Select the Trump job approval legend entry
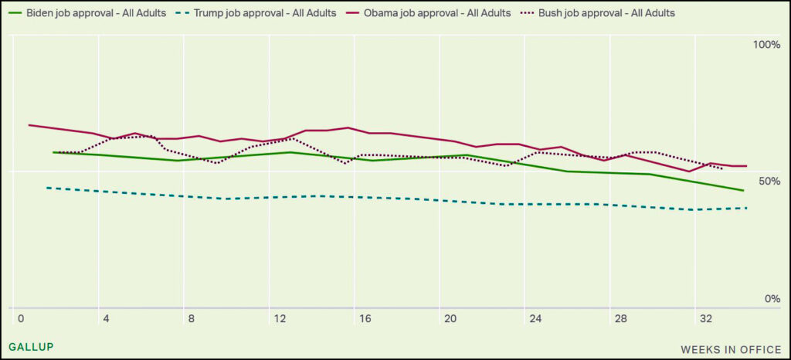coord(262,13)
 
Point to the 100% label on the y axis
coord(767,45)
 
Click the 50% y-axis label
coord(770,181)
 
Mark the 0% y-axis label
coord(772,299)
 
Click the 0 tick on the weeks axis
coord(20,318)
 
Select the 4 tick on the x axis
coord(106,318)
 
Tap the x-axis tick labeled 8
coord(192,318)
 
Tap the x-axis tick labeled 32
coord(706,318)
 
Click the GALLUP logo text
coord(31,347)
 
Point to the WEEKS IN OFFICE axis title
coord(731,349)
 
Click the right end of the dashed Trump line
coord(747,208)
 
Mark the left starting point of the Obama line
coord(29,124)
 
